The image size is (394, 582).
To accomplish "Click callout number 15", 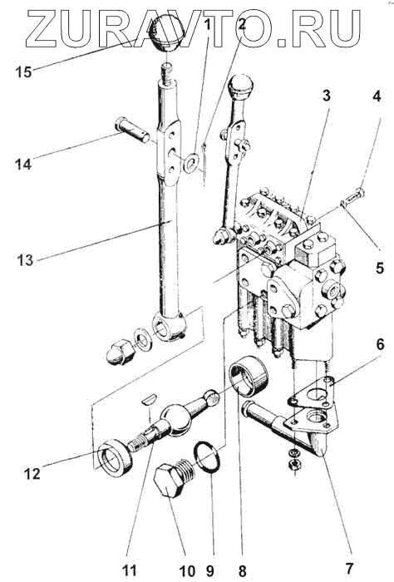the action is pos(23,72).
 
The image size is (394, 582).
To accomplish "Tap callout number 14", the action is pos(23,164).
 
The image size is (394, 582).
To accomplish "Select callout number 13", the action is pos(25,260).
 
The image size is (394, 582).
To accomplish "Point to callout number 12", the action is pos(32,473).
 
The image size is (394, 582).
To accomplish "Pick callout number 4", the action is pos(377,96).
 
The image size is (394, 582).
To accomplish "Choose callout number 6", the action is pos(380,344).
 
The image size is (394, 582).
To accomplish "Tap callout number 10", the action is pos(187,570).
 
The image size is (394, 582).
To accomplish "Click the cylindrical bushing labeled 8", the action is pos(248,377).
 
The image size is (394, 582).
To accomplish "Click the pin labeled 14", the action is pos(132,129).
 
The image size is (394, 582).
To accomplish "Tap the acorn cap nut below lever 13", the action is pos(119,351).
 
